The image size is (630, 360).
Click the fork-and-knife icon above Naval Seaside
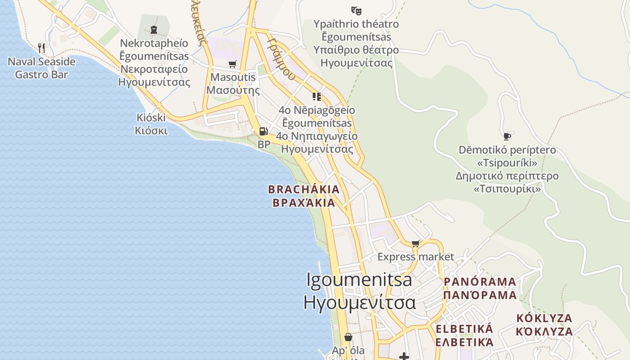(x=41, y=48)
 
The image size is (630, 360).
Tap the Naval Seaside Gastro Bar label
(x=41, y=68)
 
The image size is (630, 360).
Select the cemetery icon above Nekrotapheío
(x=154, y=30)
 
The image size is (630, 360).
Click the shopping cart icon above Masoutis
(x=232, y=64)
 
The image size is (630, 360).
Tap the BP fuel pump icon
(x=263, y=131)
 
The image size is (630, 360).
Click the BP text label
(x=264, y=144)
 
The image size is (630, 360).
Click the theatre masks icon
(x=356, y=10)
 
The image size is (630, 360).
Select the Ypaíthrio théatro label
(x=356, y=24)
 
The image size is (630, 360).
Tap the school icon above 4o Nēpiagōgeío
(x=317, y=96)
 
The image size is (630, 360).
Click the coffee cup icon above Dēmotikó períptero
(x=507, y=136)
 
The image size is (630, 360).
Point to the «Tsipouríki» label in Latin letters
(x=507, y=162)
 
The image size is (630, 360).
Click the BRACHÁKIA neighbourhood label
(x=304, y=189)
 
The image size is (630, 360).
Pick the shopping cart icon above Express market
(x=415, y=243)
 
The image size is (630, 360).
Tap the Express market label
(x=416, y=257)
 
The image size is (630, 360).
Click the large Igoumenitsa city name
(x=359, y=279)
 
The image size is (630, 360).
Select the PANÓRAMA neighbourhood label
(x=480, y=282)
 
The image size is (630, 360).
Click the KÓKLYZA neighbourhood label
(x=544, y=319)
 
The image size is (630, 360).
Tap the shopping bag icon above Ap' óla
(x=348, y=337)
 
